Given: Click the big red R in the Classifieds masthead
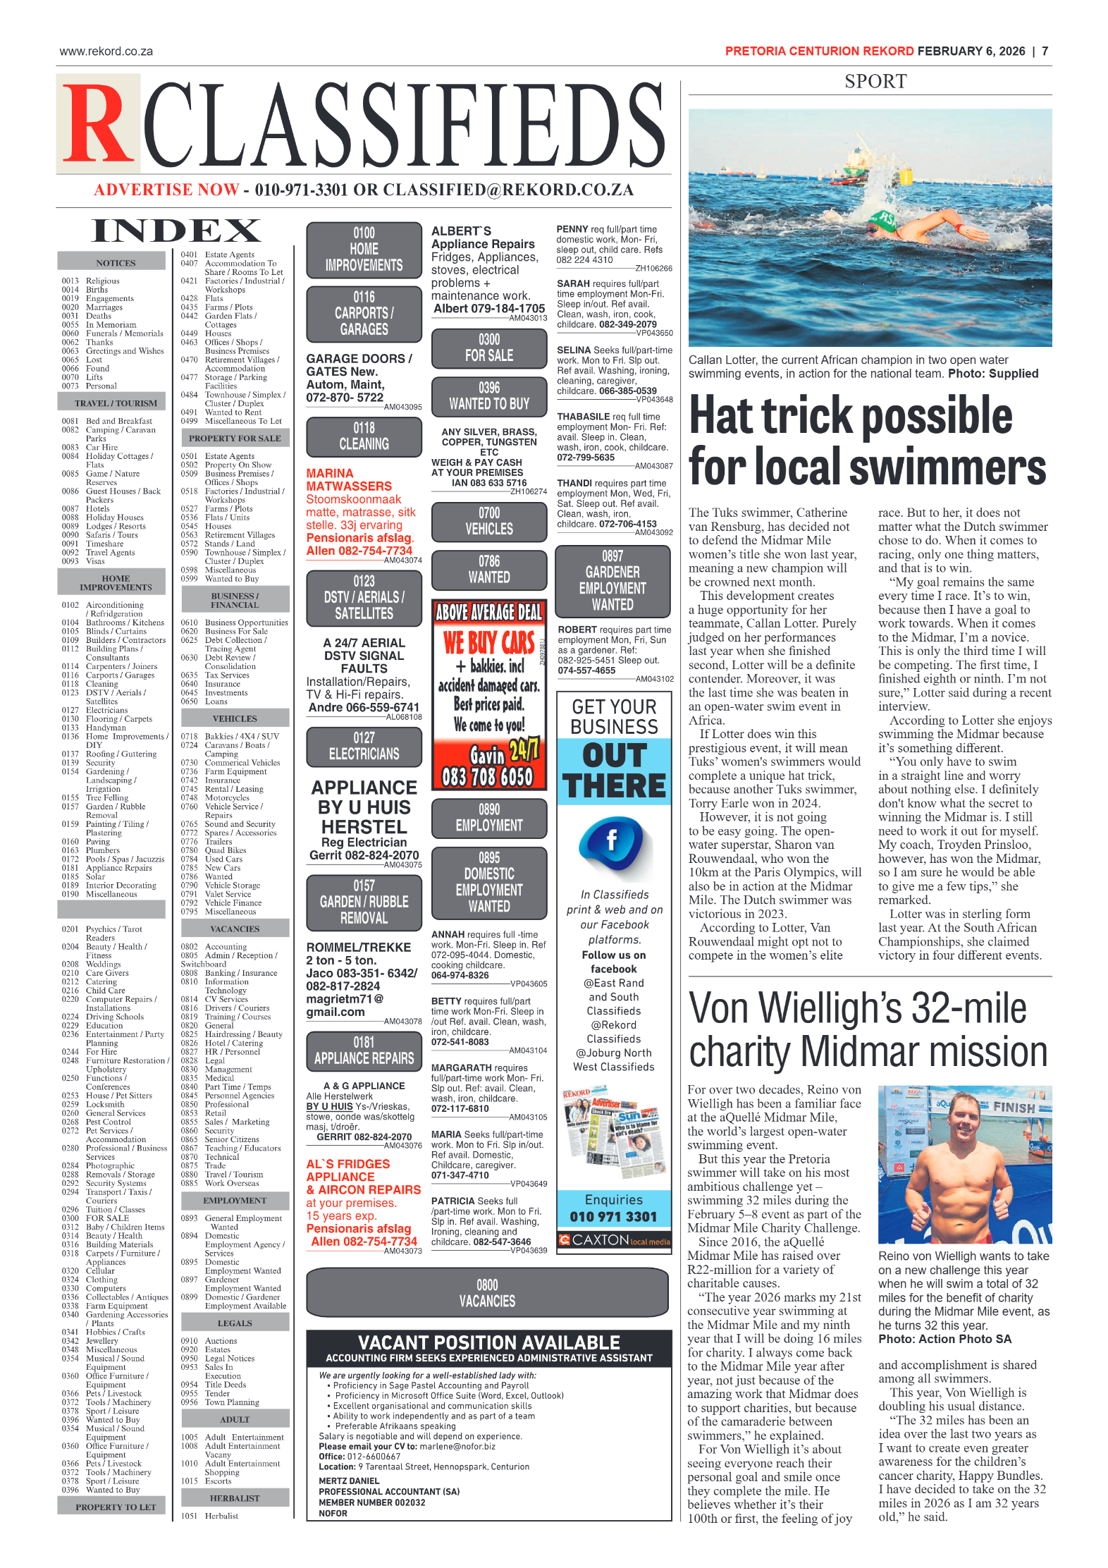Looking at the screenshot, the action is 99,124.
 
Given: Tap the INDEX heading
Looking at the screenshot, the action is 176,231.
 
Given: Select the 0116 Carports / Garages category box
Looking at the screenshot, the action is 364,313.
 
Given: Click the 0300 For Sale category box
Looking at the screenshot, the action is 489,348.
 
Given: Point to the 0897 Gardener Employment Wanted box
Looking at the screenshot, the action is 613,580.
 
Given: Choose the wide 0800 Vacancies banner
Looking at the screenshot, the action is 487,1292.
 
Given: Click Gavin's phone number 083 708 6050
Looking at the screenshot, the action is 488,777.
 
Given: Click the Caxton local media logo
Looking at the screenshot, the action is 614,1239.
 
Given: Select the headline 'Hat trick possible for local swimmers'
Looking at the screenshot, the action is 867,441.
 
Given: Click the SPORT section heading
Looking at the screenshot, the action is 875,82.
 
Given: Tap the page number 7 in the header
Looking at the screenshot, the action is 1045,51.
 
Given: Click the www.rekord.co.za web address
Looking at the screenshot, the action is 106,51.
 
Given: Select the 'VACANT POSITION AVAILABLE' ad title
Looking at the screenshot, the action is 489,1342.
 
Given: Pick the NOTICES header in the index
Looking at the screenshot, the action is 116,263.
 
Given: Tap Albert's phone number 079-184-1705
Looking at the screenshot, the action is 489,308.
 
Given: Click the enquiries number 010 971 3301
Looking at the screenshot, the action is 613,1217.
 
